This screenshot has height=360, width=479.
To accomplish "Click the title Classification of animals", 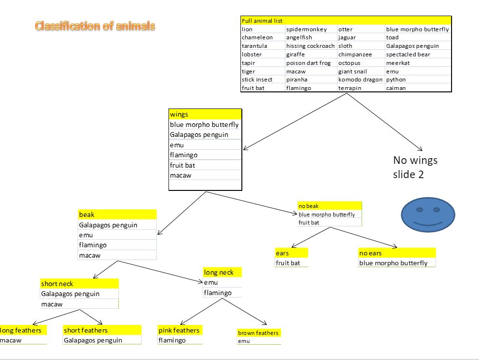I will (x=95, y=26).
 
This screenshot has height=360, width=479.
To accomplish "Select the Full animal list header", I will (x=262, y=21).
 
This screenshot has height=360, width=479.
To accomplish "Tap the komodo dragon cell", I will (x=360, y=80).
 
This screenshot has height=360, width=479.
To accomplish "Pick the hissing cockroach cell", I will (x=310, y=46).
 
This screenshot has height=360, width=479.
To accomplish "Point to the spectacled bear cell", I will (x=408, y=54).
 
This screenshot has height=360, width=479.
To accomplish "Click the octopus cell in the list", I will (x=349, y=63).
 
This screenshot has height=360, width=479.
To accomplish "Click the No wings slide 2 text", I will (x=415, y=167).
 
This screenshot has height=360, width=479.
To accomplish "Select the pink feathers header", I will (x=179, y=330).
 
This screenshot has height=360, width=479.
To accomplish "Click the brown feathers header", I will (x=258, y=333).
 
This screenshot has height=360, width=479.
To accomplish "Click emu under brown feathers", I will (x=244, y=341).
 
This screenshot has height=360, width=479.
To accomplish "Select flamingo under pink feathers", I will (x=172, y=340).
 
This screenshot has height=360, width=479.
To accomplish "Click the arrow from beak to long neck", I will (x=161, y=271).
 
